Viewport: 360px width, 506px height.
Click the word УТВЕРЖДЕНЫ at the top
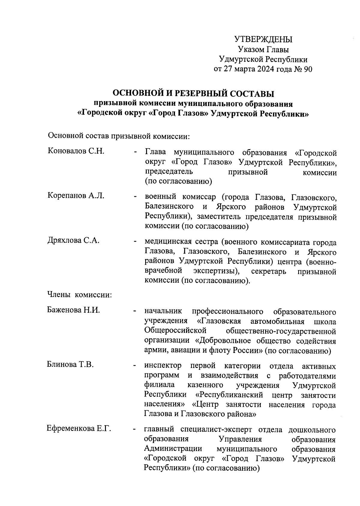[x=263, y=39]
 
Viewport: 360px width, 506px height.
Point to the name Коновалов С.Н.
[x=76, y=151]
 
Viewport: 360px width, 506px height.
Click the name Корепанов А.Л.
[x=76, y=196]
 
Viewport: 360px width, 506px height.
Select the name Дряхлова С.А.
[x=73, y=240]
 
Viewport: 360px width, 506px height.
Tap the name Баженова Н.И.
[x=73, y=310]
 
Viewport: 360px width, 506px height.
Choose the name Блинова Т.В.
[x=70, y=365]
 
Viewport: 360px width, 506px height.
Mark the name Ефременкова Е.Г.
[x=79, y=429]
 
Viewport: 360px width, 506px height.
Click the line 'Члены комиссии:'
[x=79, y=295]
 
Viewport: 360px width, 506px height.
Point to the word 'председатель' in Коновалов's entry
[x=169, y=172]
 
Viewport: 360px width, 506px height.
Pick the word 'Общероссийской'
[x=175, y=331]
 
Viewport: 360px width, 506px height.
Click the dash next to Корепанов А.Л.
[x=135, y=197]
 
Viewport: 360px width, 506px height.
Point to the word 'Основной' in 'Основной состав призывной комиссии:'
[x=63, y=136]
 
